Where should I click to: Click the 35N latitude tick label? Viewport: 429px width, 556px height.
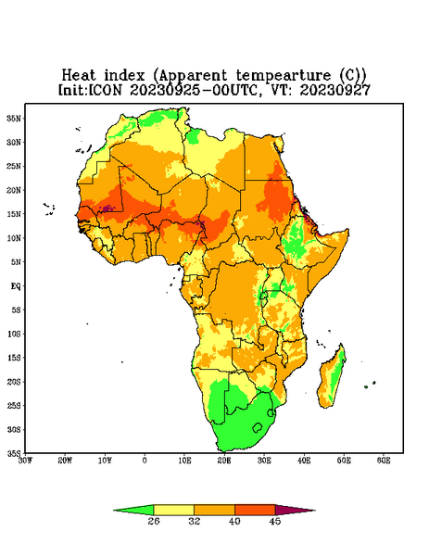14,118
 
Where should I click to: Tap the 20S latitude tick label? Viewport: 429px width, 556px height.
14,382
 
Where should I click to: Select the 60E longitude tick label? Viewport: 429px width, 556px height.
384,461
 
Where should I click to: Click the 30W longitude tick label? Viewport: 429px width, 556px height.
25,461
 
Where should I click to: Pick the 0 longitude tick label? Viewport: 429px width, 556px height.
145,461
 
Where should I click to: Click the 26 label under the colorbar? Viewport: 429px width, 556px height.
154,521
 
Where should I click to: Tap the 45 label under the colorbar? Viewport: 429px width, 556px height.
275,521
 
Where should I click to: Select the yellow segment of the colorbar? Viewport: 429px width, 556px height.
173,510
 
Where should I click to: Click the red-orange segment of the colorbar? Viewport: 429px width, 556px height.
255,510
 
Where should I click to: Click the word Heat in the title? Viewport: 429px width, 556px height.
79,75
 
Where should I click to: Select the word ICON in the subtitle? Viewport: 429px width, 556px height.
105,90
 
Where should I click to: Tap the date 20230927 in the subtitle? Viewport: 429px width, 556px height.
334,90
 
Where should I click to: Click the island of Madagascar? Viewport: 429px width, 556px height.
332,378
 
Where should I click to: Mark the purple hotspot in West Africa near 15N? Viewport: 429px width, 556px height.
107,208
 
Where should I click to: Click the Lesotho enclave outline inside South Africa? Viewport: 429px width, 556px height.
258,427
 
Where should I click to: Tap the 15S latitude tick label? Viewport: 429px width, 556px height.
14,358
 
